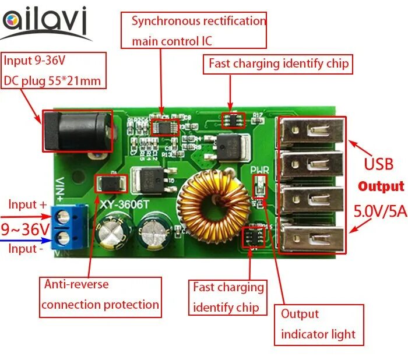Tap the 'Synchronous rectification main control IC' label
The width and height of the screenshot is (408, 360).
tap(194, 31)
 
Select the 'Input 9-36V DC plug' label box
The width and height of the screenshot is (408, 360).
tap(55, 70)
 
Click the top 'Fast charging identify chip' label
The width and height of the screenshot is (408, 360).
tap(278, 63)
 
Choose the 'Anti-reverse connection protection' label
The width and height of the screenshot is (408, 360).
tap(100, 296)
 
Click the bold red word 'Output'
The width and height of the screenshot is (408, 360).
tap(381, 186)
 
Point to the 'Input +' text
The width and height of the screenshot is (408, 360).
tap(27, 205)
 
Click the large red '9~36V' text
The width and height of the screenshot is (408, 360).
tap(25, 228)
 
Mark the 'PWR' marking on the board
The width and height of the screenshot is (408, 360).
tap(259, 171)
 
